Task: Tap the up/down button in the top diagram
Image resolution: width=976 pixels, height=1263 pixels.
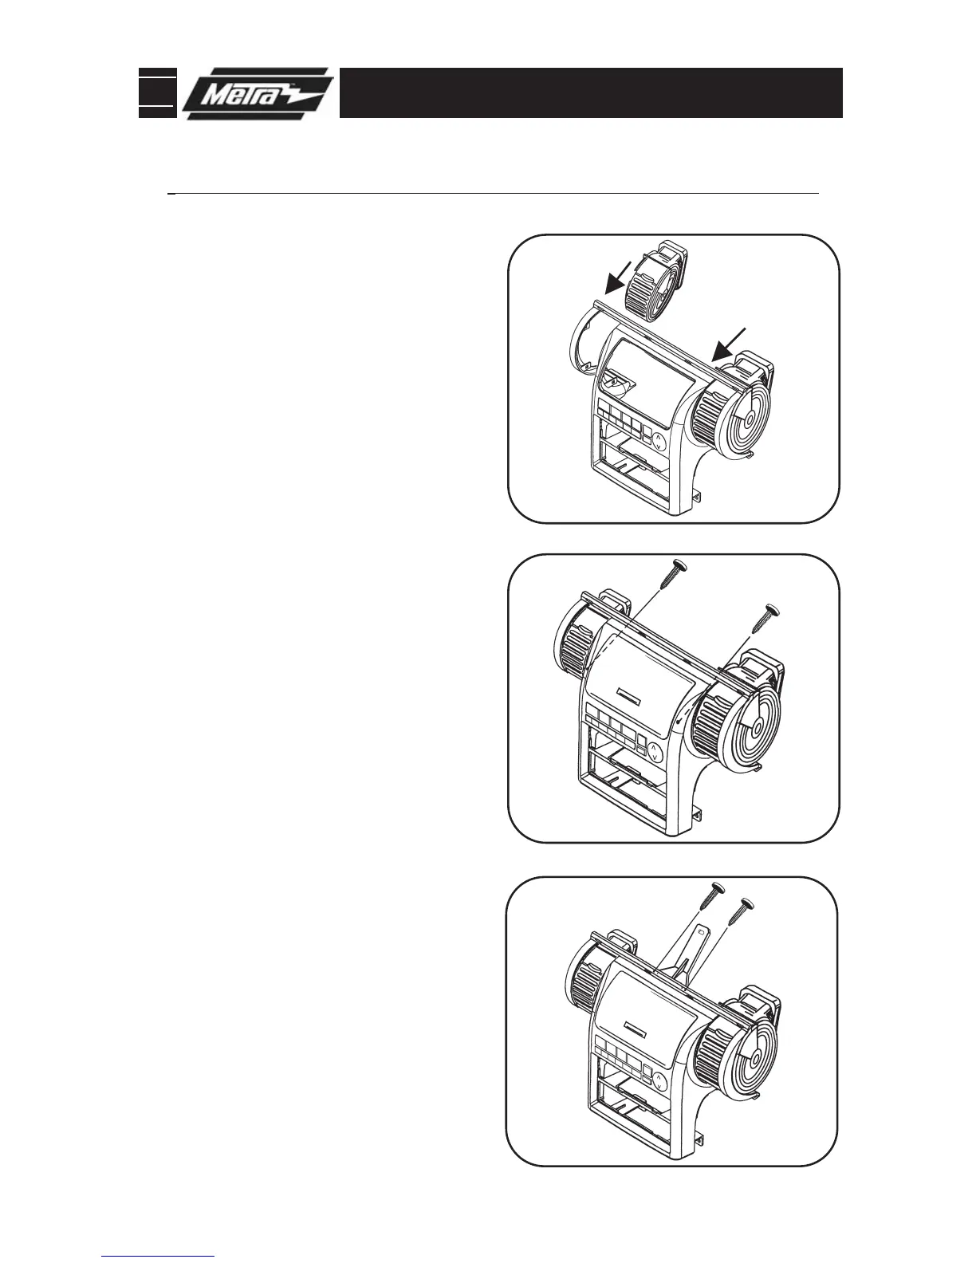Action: click(659, 442)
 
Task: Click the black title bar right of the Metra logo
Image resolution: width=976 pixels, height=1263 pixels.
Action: click(591, 92)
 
